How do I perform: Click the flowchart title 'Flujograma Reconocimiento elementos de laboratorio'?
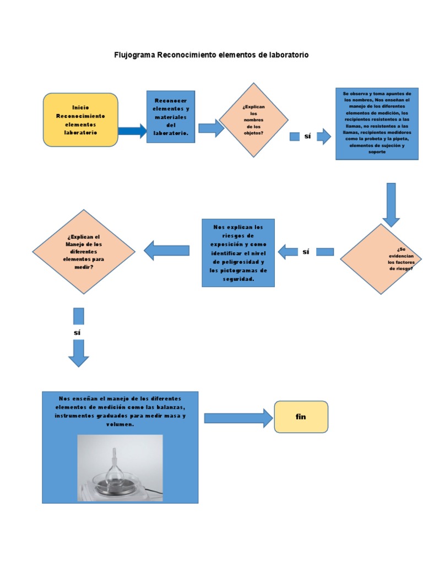point(211,55)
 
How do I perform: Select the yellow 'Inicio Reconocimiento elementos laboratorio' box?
point(80,120)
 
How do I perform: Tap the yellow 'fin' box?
point(301,416)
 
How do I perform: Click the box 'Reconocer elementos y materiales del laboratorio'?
point(171,117)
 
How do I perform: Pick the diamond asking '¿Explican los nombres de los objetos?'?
point(254,120)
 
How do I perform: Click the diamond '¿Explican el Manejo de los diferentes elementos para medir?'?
point(84,251)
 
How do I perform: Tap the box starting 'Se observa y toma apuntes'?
point(377,124)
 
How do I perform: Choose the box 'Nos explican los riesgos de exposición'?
point(238,253)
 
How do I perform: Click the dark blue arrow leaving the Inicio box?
point(132,131)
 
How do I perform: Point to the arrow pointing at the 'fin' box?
point(238,418)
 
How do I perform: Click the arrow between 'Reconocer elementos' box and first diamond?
point(211,128)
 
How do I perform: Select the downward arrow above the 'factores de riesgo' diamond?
point(391,204)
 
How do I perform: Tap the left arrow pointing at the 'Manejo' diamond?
point(166,251)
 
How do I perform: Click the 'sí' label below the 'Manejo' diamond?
point(78,333)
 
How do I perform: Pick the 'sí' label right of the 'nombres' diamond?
point(307,136)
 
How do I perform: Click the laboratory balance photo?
point(120,468)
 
